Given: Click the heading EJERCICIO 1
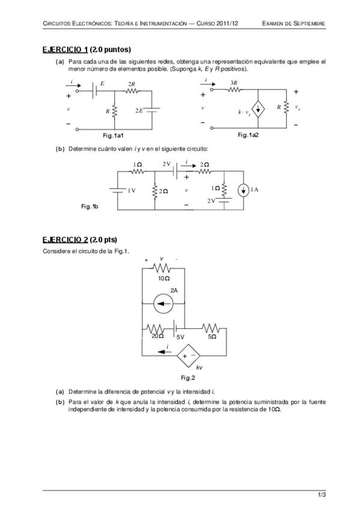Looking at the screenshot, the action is click(x=65, y=49).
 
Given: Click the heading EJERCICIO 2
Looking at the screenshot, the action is click(x=65, y=240).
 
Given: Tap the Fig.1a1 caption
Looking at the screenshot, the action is click(x=113, y=135).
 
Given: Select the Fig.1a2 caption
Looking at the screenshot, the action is click(x=248, y=135).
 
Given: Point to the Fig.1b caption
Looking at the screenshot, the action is click(x=90, y=206).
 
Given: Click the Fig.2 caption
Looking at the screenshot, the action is click(x=188, y=378).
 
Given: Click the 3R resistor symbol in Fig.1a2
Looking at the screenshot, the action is click(x=234, y=89).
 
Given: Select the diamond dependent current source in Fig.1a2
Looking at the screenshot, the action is click(x=258, y=109).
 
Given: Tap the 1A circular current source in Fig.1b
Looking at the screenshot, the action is click(x=243, y=191).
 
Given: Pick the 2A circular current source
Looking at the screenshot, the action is click(x=163, y=304).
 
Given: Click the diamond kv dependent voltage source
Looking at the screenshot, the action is click(x=188, y=356).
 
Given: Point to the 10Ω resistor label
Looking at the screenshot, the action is click(x=163, y=278).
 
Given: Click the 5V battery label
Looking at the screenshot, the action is click(x=180, y=337).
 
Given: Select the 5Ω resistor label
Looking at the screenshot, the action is click(x=212, y=337).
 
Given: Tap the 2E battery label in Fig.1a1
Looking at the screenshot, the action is click(x=139, y=111).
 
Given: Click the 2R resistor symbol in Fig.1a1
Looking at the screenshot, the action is click(x=131, y=91).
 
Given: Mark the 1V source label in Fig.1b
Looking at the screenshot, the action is click(x=131, y=191).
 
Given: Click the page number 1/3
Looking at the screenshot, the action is click(x=322, y=495).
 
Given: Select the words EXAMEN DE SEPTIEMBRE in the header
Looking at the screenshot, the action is click(x=293, y=23).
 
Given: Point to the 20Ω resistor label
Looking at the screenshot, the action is click(x=157, y=336).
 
